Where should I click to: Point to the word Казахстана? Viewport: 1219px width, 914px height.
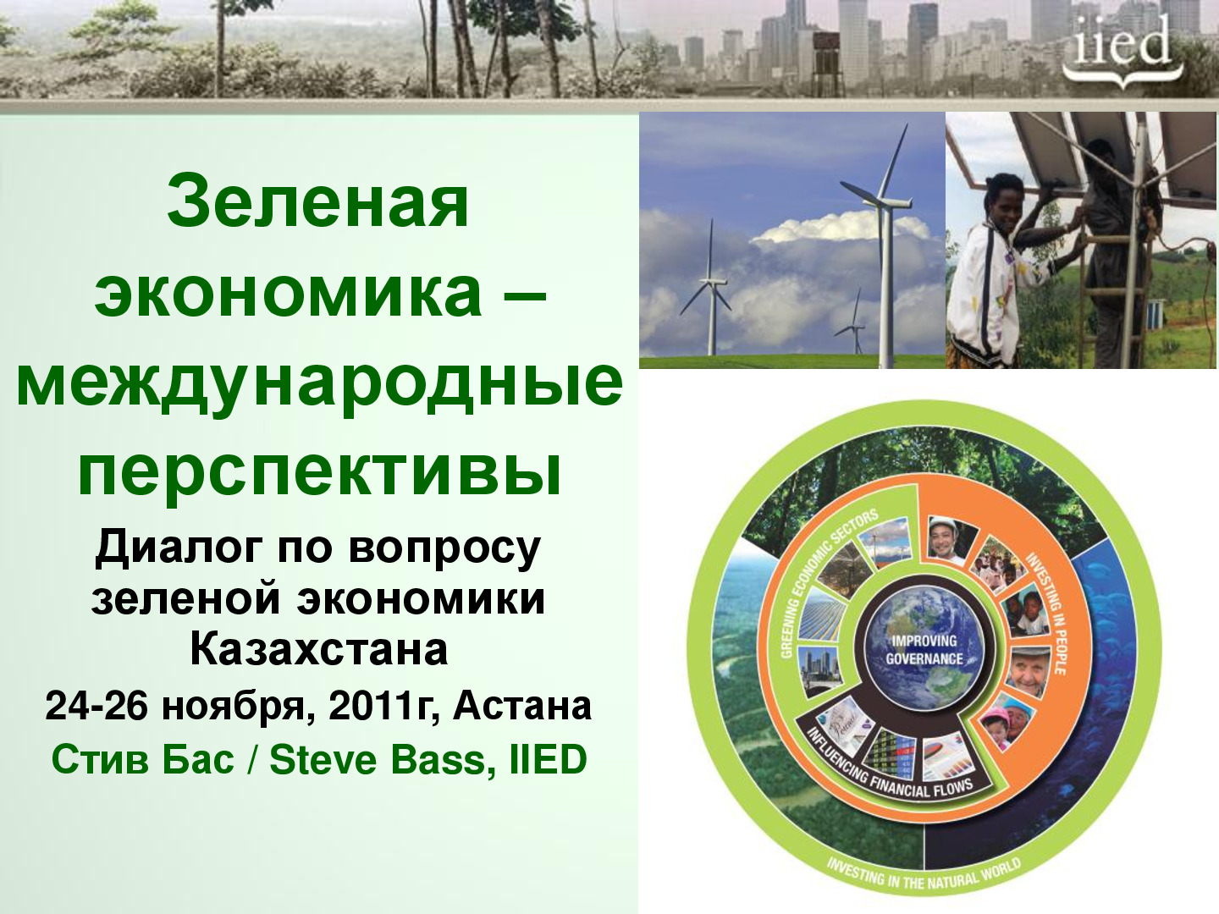tap(319, 650)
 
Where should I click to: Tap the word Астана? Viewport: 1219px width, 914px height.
tap(522, 706)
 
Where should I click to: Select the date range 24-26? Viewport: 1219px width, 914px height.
tap(96, 707)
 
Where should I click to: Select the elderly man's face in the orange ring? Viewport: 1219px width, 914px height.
tap(1029, 670)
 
